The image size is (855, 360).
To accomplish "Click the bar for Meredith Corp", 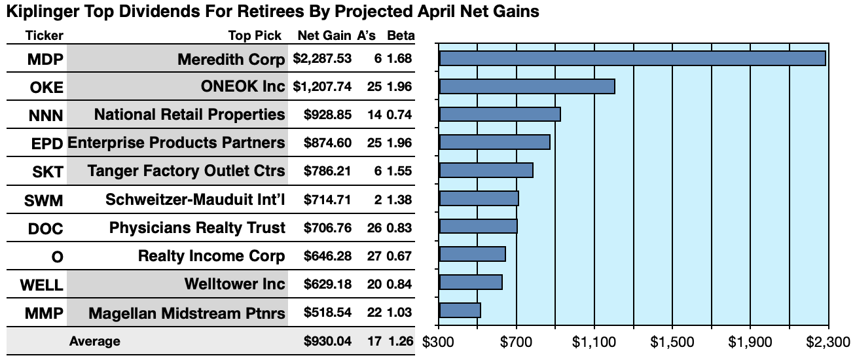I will coord(632,58).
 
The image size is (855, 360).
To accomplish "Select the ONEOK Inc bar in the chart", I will coord(527,86).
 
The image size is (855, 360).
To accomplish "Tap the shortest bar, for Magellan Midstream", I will coord(460,310).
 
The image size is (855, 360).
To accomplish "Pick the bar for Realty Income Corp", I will coord(472,254).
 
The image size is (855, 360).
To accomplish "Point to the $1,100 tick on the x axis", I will coord(594,342).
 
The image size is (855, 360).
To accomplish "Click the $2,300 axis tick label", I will coord(828,342).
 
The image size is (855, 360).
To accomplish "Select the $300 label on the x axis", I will coord(439,342).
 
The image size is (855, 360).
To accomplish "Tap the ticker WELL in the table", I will coord(42,285).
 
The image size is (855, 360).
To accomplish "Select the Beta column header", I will coord(399,35).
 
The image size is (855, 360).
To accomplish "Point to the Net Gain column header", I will coord(324,35).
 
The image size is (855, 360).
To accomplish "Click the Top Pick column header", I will coord(255,35).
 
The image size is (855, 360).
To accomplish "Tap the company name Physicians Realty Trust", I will coord(197,228).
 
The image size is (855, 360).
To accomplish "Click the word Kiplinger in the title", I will coord(39,12).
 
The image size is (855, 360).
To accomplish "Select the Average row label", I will coord(94,341).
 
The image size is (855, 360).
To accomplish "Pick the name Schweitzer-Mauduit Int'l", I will coord(195,200).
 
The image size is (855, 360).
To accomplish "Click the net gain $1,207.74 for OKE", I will coord(322,86).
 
